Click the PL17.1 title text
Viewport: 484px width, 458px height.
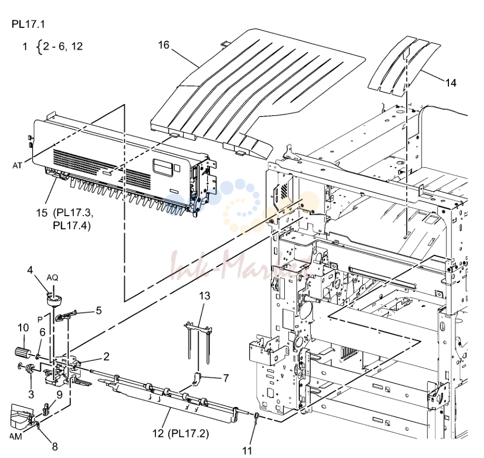coord(28,24)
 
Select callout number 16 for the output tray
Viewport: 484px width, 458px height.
coord(164,45)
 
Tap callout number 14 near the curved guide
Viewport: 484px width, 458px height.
coord(450,83)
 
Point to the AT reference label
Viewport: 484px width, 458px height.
coord(18,166)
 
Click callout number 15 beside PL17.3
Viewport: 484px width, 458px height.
coord(42,213)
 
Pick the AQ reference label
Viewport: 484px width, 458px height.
coord(52,278)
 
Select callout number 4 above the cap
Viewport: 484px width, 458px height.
coord(29,270)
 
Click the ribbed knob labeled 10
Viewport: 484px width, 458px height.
coord(22,352)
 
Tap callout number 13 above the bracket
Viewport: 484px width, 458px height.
coord(205,296)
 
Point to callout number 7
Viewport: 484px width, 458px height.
coord(226,378)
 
